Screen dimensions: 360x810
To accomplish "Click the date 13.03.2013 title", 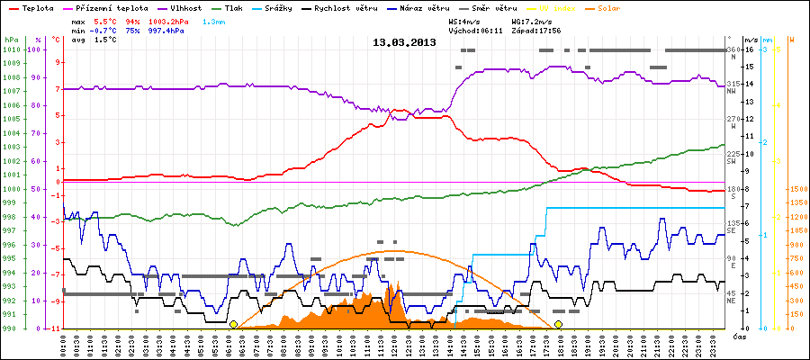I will (x=404, y=42).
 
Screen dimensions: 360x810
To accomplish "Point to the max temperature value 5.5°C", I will (x=105, y=19).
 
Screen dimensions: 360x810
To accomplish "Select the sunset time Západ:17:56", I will (x=536, y=30).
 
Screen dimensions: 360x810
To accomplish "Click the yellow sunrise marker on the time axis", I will (x=233, y=324).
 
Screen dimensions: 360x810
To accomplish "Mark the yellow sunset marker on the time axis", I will (x=558, y=324).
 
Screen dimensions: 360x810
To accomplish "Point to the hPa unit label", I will (x=10, y=40).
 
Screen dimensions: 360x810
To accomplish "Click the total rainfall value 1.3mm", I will (x=214, y=19).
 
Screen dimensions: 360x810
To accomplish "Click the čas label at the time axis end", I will (x=737, y=336).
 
